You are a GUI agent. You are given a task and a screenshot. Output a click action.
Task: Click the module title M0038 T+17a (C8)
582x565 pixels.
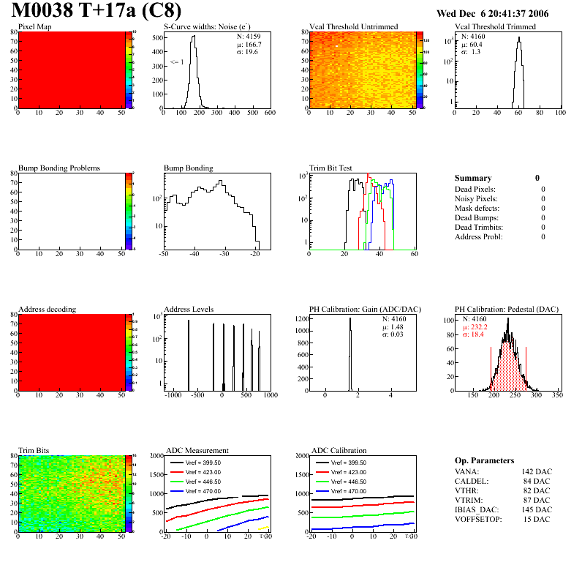(x=97, y=12)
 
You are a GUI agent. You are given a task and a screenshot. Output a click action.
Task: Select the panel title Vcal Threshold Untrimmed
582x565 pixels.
(x=354, y=27)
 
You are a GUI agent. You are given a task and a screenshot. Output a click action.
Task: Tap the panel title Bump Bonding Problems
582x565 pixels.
(x=59, y=168)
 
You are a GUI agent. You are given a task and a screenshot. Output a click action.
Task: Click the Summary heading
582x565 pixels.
(x=473, y=178)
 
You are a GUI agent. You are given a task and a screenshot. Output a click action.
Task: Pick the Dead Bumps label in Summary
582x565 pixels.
(x=477, y=217)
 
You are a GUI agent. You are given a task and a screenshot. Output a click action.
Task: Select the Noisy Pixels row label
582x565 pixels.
(x=477, y=198)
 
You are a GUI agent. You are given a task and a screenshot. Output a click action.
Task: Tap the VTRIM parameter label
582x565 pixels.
(x=467, y=500)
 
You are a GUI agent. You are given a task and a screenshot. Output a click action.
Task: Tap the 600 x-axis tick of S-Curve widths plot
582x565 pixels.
(x=270, y=113)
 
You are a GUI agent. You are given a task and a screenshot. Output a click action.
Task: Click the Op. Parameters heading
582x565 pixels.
(x=484, y=460)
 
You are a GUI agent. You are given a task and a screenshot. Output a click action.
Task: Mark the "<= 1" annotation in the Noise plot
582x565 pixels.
(x=177, y=63)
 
